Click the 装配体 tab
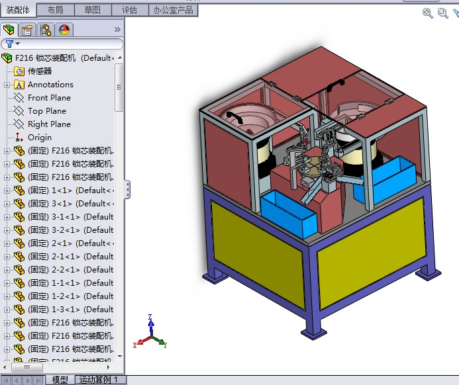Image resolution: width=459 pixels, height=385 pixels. coord(18,10)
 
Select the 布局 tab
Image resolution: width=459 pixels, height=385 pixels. coord(56,10)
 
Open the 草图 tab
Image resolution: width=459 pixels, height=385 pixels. coord(93,10)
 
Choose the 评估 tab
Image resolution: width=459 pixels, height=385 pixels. coord(129,10)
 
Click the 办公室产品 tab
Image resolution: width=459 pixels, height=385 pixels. coord(173,10)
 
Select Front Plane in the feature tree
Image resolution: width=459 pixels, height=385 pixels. coord(49,98)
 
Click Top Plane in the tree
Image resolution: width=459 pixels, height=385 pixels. coord(46,111)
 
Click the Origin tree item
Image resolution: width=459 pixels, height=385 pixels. coord(39,138)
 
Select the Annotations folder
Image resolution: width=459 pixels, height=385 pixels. coord(50,85)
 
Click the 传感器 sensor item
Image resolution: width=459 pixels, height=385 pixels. coord(39,71)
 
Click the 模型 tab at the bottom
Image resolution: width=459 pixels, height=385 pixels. coord(60,380)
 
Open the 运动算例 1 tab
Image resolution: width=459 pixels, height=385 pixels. coord(98,380)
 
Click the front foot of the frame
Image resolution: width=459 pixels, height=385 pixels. coord(313,329)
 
